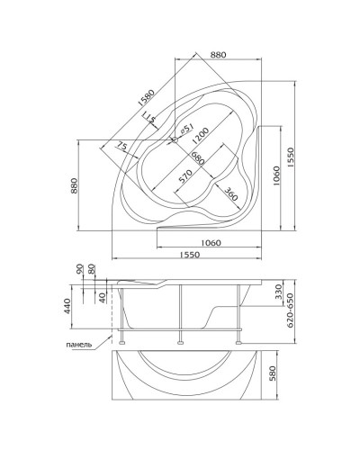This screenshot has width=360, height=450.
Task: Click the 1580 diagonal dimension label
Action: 147,97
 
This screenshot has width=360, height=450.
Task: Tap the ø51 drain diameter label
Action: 186,129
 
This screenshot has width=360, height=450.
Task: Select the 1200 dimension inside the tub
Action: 200,136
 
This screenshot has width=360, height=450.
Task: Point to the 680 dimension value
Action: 198,158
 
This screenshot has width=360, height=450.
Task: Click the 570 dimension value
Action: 185,176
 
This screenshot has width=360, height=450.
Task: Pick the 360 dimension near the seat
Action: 231,194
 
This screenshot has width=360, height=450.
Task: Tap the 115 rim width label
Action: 148,117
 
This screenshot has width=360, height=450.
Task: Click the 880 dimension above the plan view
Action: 218,55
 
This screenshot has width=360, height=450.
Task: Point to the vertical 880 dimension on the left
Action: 74,185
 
